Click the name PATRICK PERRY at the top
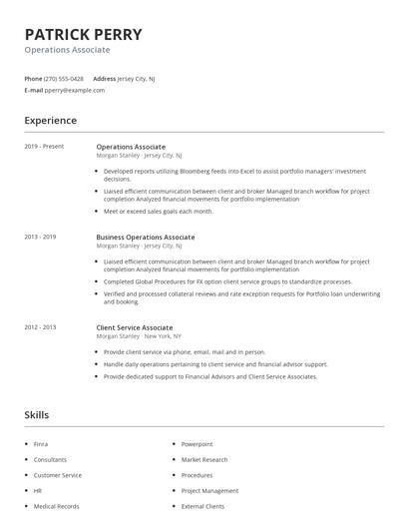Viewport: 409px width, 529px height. pos(83,34)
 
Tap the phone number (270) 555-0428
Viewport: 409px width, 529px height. pos(65,78)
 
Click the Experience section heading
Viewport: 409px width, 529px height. pos(50,121)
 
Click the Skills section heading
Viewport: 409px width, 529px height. pos(36,414)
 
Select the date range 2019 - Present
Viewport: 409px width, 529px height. pos(44,147)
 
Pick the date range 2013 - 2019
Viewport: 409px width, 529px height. pos(40,237)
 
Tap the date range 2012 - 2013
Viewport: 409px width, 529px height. pos(40,327)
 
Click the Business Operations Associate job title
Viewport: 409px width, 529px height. pos(145,237)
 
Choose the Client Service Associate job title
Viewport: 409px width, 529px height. pos(134,327)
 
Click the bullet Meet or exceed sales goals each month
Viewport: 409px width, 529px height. pos(159,211)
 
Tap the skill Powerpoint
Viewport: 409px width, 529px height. pos(197,444)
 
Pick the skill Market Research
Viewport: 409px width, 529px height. pos(204,460)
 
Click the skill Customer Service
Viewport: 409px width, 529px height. pos(57,475)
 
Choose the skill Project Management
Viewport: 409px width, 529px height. pos(209,491)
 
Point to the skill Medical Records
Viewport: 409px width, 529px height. pos(56,506)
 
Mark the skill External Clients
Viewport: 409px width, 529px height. pos(204,506)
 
